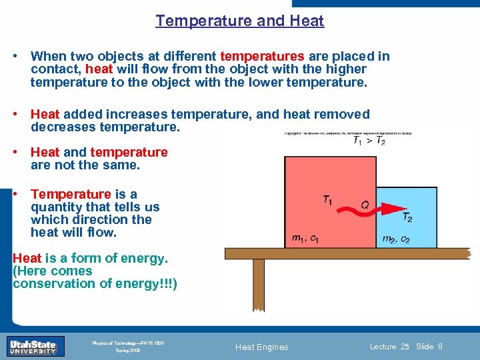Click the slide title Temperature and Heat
point(240,21)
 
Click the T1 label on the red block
point(329,199)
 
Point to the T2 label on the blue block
point(407,218)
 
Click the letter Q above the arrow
point(365,205)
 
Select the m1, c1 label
point(305,239)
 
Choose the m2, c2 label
point(396,239)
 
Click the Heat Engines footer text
point(262,347)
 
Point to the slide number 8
point(441,346)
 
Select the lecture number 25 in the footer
point(405,346)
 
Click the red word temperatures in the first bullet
point(262,56)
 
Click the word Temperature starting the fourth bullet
point(71,194)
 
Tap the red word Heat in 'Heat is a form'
point(27,258)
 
